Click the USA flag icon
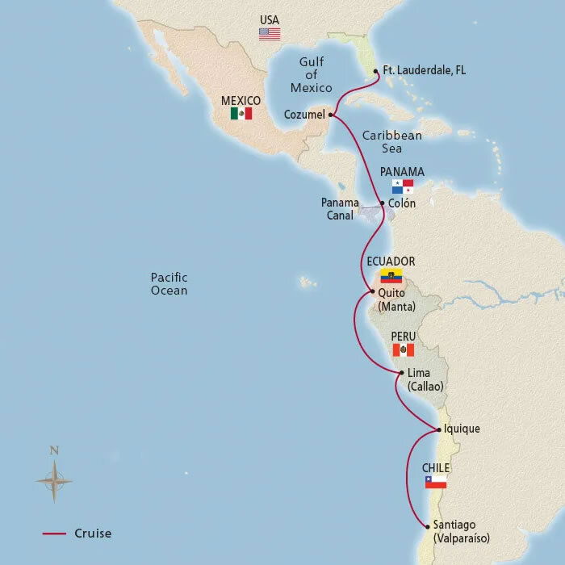[269, 34]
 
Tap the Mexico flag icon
[241, 114]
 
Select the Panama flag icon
[403, 186]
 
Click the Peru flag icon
[403, 349]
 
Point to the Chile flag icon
[435, 482]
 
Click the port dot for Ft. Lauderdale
[376, 71]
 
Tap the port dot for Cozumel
[332, 115]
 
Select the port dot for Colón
[382, 203]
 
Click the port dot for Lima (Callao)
[401, 372]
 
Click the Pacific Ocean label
[169, 283]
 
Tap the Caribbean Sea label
[392, 142]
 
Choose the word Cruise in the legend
[93, 534]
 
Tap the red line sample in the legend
[54, 534]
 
